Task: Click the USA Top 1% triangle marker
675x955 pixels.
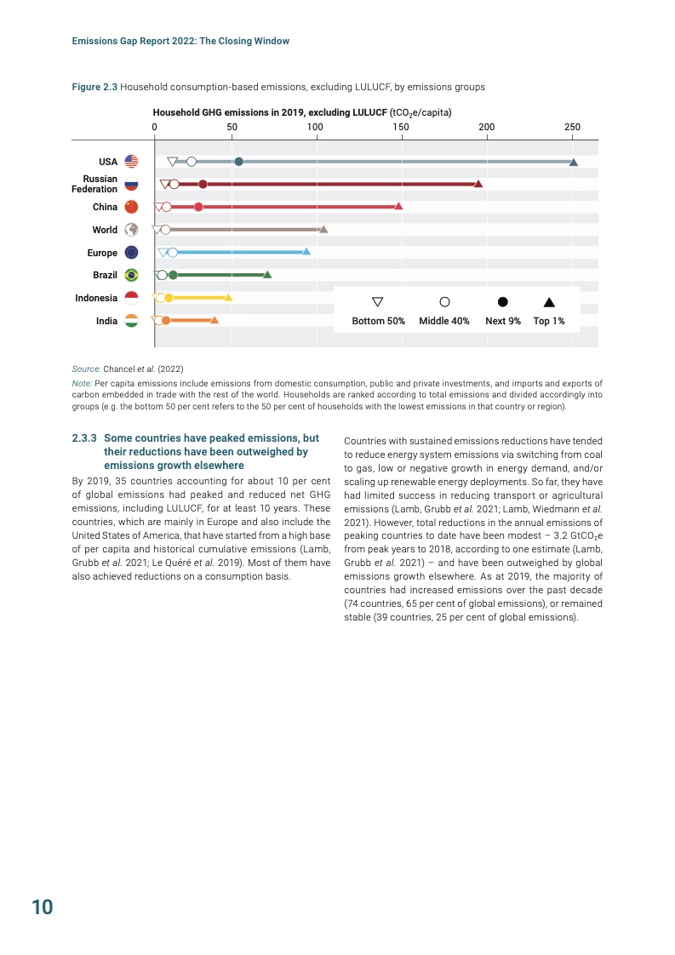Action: pos(574,162)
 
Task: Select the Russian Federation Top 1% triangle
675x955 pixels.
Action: pos(478,184)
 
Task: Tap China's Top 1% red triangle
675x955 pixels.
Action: pos(398,206)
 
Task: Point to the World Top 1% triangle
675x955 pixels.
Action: pos(323,229)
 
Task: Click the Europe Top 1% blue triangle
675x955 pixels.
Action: pos(306,252)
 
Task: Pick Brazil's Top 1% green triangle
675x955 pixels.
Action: pos(267,274)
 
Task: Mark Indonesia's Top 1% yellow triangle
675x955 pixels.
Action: pos(228,297)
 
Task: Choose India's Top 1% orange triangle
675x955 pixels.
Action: pos(215,320)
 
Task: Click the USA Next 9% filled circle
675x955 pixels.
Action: pos(238,162)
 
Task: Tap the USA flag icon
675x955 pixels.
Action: pos(131,162)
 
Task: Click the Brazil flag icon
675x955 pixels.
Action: pos(131,275)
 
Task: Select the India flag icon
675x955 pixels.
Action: pos(131,321)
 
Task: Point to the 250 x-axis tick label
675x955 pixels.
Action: pos(572,126)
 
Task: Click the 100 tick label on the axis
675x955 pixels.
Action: pos(316,126)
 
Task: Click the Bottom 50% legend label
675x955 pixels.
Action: pos(379,321)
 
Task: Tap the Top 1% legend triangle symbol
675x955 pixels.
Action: pos(549,301)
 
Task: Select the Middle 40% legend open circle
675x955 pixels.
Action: pos(444,301)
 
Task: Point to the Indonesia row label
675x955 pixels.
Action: pos(96,298)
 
